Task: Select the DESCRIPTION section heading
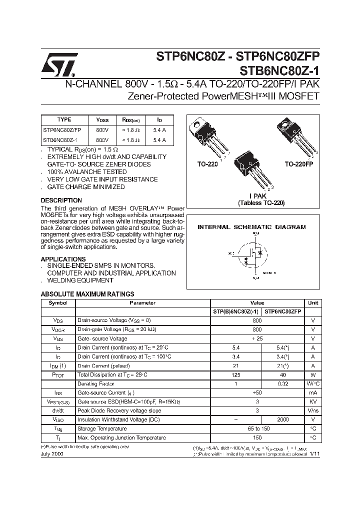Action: pos(61,200)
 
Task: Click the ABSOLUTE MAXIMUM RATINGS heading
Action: pos(87,294)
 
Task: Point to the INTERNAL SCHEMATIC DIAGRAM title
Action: pos(251,227)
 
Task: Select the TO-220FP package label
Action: pos(298,164)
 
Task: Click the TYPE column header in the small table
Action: pos(64,120)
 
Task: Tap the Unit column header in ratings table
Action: pos(312,303)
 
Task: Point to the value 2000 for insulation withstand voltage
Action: pos(283,419)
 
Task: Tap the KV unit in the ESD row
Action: pos(312,401)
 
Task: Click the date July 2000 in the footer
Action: pos(52,453)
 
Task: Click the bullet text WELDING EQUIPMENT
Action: pos(80,280)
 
